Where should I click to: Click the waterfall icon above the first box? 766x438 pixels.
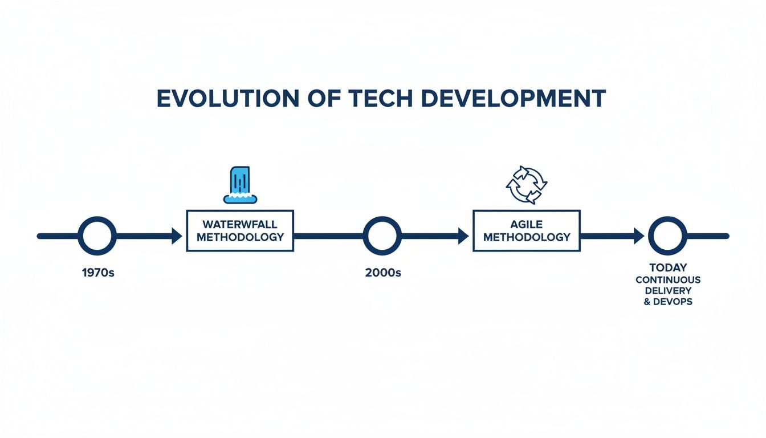[240, 185]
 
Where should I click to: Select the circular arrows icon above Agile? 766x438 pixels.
[527, 185]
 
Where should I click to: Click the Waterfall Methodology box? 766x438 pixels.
[240, 230]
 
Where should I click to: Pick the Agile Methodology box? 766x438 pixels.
[526, 230]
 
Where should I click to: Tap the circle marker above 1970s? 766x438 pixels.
[97, 236]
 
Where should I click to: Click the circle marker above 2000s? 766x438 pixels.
[382, 236]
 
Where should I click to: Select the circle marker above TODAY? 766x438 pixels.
[667, 236]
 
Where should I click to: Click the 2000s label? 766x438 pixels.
[382, 273]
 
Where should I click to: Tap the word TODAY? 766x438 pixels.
[668, 267]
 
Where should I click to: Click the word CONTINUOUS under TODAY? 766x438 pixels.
[668, 279]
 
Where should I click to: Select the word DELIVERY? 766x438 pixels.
[668, 290]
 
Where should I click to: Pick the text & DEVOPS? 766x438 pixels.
[668, 301]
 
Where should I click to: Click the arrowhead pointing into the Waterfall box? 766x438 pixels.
[177, 236]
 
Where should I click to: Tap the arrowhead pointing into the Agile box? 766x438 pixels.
[463, 236]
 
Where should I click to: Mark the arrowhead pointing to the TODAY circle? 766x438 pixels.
[638, 236]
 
